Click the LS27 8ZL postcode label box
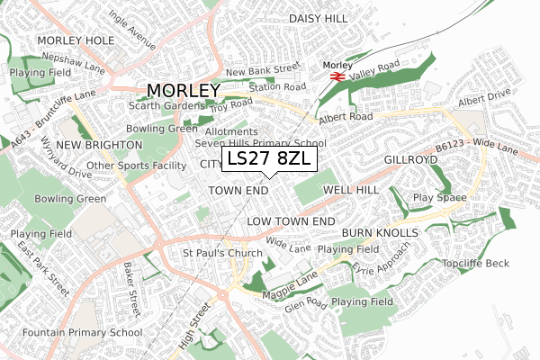click(x=269, y=158)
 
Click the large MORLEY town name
click(x=183, y=91)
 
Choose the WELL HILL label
click(x=351, y=191)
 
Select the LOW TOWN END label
click(x=291, y=220)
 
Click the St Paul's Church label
click(x=222, y=253)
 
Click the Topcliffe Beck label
click(x=475, y=263)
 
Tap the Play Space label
click(x=438, y=197)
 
